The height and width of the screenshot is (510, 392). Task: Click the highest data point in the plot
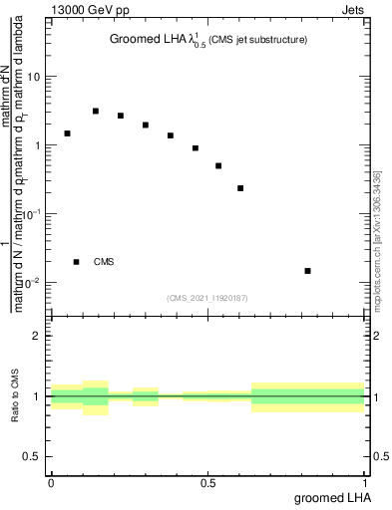pos(96,111)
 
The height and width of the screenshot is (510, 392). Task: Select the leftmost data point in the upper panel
pos(67,133)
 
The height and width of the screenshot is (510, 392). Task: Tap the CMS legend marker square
pos(77,262)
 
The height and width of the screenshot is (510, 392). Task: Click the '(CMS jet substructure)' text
pos(256,41)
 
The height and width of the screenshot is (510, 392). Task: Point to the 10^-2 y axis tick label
pos(32,283)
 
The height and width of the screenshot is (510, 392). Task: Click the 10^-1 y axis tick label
pos(32,214)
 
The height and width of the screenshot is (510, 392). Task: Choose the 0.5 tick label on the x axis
pos(207,482)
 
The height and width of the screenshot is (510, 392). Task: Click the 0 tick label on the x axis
pos(51,482)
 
